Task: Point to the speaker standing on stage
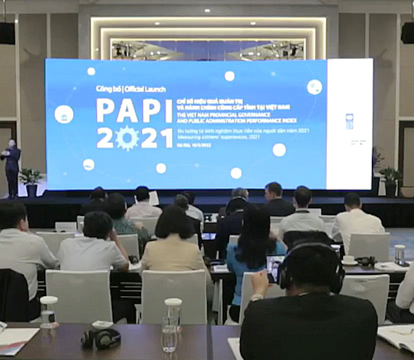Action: (12, 165)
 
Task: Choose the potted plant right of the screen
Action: (390, 180)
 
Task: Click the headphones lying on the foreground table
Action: (101, 337)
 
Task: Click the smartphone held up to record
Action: (274, 268)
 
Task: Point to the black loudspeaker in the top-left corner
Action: (7, 32)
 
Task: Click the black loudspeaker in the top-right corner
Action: (408, 32)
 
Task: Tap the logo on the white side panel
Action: (349, 121)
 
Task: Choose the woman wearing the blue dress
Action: (254, 259)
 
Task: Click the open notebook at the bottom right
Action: (396, 336)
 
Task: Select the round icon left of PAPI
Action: (63, 114)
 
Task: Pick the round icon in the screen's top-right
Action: (314, 87)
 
